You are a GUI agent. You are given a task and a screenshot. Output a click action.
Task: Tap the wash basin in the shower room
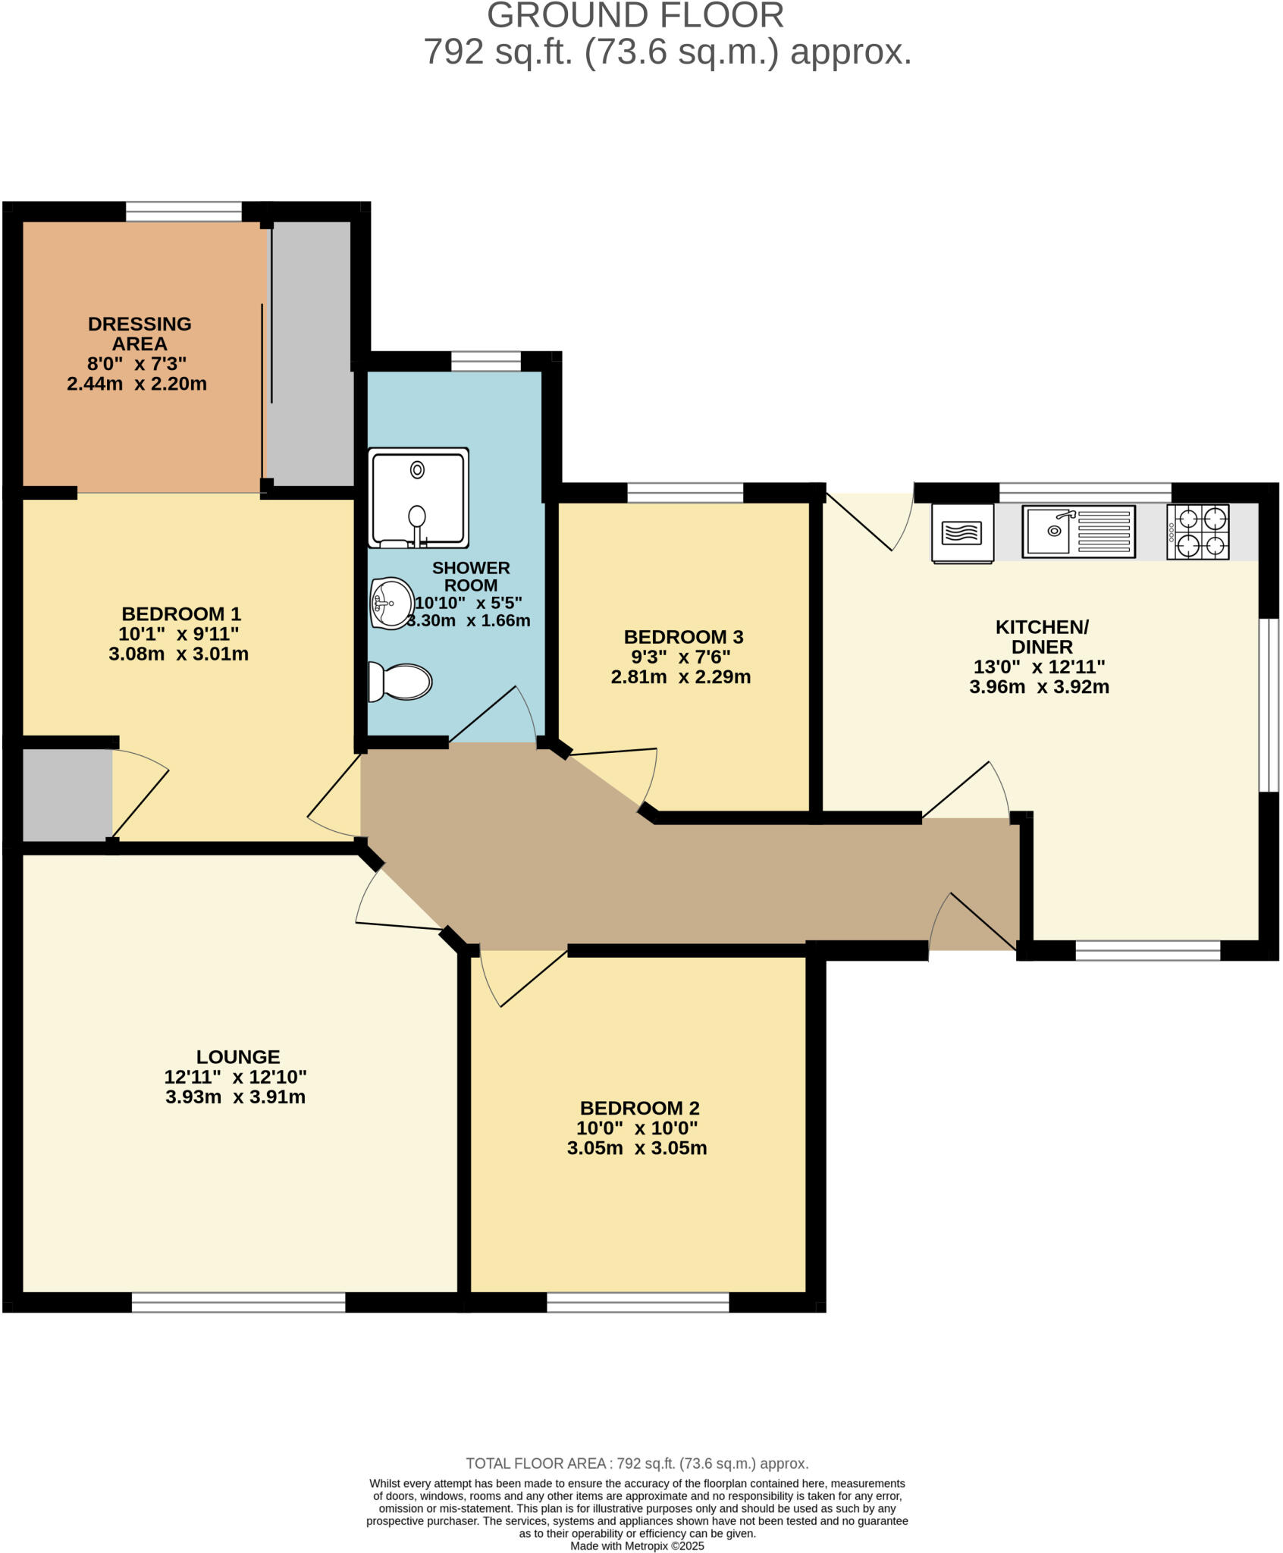[x=391, y=603]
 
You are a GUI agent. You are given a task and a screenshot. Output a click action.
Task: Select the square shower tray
[x=418, y=497]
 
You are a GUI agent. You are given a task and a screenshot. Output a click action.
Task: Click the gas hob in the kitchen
[x=1197, y=532]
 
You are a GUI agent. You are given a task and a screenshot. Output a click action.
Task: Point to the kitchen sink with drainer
[x=1078, y=532]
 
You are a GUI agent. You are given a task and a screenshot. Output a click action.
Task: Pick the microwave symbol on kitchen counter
[x=962, y=533]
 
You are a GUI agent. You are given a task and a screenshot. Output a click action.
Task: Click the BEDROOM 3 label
[x=683, y=637]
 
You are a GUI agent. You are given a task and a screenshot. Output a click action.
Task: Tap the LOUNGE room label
[x=238, y=1056]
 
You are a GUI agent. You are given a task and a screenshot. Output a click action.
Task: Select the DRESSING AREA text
[x=140, y=334]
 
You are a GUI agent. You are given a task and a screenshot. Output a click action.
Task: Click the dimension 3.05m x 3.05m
[x=637, y=1148]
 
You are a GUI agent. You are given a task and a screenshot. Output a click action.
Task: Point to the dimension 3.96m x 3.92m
[x=1039, y=687]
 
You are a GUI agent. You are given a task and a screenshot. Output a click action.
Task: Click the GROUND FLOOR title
[x=635, y=16]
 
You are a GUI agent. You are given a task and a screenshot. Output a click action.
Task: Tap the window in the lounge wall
[x=238, y=1303]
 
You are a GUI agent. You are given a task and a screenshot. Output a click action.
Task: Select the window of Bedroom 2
[x=638, y=1303]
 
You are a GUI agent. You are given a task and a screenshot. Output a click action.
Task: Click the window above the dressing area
[x=184, y=212]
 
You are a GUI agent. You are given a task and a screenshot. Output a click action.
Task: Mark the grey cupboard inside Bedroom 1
[x=67, y=795]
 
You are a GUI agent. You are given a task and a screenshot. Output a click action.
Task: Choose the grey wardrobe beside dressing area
[x=311, y=353]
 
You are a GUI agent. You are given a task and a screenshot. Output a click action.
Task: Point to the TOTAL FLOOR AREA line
[x=637, y=1464]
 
